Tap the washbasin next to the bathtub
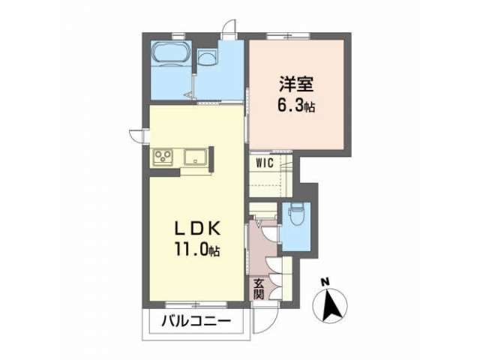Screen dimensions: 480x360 [x=207, y=57]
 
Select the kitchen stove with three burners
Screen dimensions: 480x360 [x=163, y=157]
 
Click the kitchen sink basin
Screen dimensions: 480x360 [x=195, y=157]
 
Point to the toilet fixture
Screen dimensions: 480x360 [x=296, y=214]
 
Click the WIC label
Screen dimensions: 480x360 [x=265, y=163]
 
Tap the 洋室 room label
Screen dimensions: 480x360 [x=296, y=84]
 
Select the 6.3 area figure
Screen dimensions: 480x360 [x=290, y=106]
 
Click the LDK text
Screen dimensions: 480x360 [x=197, y=228]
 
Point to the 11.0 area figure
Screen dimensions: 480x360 [x=192, y=249]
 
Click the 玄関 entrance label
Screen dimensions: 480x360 [x=258, y=289]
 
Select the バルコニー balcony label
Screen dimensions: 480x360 [x=196, y=322]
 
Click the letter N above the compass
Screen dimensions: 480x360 [x=325, y=281]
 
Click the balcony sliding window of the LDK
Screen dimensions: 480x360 [x=196, y=304]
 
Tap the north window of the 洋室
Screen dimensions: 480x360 [x=288, y=37]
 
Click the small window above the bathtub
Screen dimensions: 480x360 [x=177, y=37]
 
